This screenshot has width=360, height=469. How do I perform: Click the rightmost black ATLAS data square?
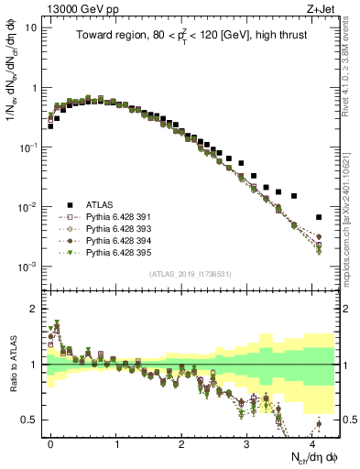tap(318, 217)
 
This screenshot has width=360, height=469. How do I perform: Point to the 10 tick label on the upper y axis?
tap(31, 27)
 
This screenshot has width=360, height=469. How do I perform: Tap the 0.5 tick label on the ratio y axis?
tap(30, 420)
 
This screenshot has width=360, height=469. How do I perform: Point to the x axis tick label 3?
tap(246, 442)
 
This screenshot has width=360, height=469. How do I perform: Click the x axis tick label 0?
tap(51, 442)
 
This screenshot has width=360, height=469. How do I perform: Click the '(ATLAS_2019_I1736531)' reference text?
tap(189, 274)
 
